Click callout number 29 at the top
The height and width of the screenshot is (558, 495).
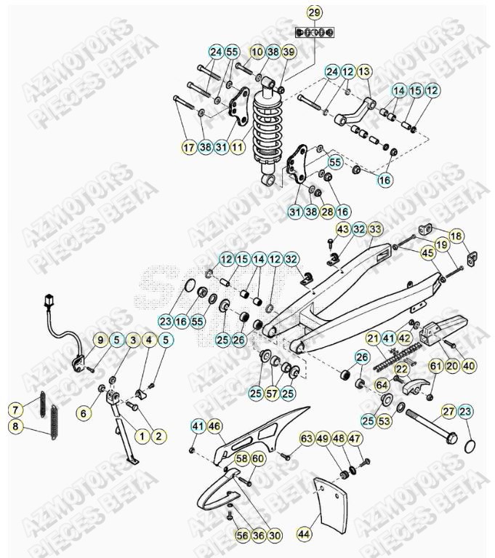pos(314,12)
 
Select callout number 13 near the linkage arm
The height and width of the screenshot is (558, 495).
pos(364,71)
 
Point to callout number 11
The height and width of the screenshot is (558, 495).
pos(237,148)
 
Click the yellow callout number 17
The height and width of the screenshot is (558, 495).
pos(189,148)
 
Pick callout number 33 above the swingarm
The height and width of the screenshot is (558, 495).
pos(375,228)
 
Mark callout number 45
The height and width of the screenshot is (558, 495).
pos(427,252)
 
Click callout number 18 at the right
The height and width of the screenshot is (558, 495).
pos(456,236)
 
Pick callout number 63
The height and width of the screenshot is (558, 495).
pos(306,439)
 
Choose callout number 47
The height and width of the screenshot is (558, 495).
pos(354,439)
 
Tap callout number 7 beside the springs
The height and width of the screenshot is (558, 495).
pos(14,407)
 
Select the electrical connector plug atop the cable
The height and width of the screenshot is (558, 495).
pos(50,299)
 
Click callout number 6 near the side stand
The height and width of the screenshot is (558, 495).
pos(84,412)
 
